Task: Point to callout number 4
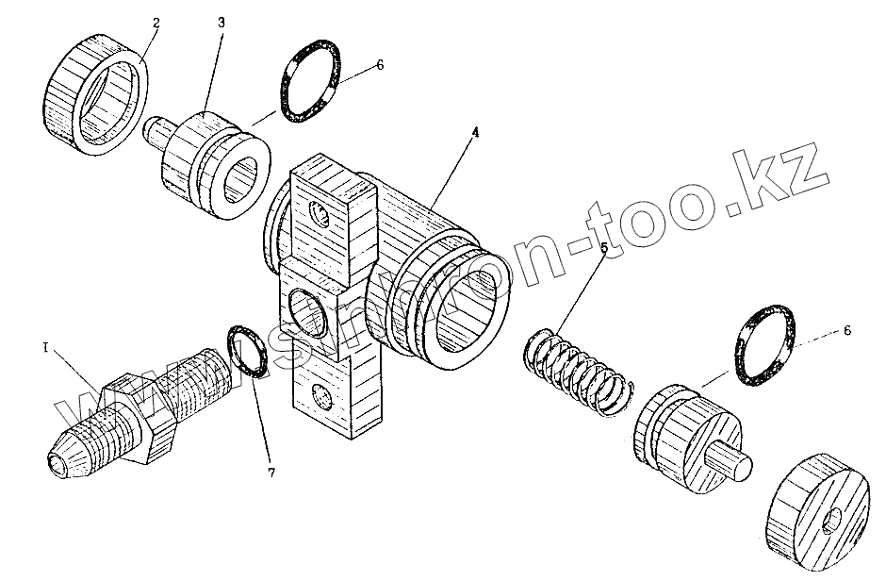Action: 475,133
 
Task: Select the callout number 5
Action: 605,249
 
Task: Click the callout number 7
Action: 271,473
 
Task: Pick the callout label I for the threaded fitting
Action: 44,348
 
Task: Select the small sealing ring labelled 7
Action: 249,350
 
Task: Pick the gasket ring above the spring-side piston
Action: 763,345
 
